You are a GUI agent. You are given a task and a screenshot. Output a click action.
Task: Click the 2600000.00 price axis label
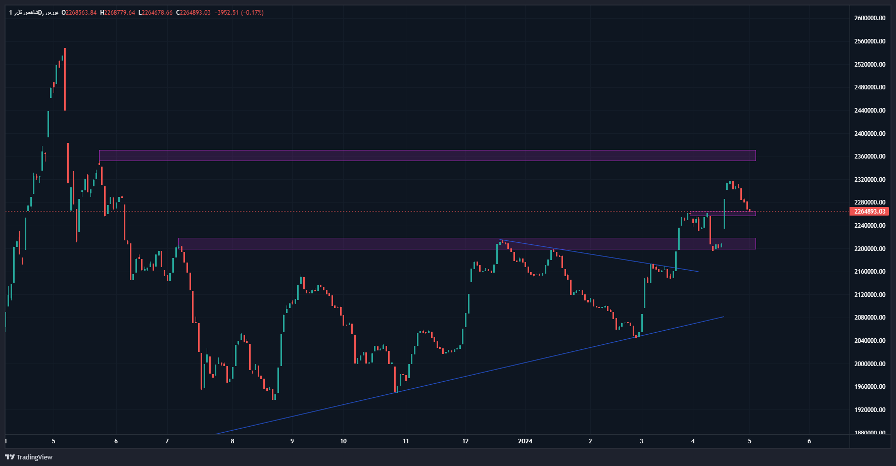click(x=870, y=18)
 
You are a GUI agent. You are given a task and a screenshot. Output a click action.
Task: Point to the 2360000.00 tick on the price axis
click(x=870, y=157)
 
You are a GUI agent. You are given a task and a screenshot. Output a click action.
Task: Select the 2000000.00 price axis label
click(x=870, y=364)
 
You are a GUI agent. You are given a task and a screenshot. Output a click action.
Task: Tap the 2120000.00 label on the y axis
click(x=870, y=294)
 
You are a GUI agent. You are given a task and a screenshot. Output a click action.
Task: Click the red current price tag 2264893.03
click(x=869, y=212)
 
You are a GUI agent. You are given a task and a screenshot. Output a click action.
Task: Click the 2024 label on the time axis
click(x=525, y=441)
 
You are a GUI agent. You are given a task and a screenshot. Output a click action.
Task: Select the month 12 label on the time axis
click(x=465, y=441)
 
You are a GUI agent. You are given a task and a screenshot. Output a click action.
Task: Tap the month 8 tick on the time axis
click(x=232, y=441)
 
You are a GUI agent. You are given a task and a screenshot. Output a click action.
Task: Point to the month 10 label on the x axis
click(x=344, y=441)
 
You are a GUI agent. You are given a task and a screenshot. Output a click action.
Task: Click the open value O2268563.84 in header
click(x=79, y=13)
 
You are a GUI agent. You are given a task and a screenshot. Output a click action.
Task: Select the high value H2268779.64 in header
click(x=117, y=13)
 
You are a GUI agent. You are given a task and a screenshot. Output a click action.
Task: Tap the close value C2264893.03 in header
click(x=193, y=13)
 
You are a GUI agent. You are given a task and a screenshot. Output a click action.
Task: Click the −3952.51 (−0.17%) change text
click(x=239, y=13)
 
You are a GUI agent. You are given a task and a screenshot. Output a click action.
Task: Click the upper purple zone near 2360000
click(x=427, y=156)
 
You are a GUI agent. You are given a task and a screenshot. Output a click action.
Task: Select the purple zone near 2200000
click(x=467, y=243)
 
